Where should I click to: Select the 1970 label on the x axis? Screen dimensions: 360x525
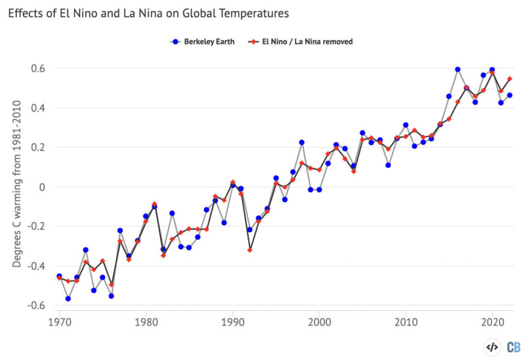pos(59,322)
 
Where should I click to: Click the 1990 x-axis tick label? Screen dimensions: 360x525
pos(232,322)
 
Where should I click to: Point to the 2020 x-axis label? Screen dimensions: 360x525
pos(492,322)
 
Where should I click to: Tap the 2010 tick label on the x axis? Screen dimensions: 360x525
pos(406,322)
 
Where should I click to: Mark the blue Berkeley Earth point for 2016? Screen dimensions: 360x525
pos(457,70)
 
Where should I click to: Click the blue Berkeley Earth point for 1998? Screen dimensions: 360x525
pos(302,142)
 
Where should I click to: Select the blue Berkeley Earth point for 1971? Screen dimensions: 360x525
pos(68,298)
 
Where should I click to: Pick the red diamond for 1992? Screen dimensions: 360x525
pos(249,250)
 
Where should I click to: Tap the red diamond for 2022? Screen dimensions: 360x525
pos(509,79)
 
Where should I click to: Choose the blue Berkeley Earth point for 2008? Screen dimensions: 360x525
pos(388,165)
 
